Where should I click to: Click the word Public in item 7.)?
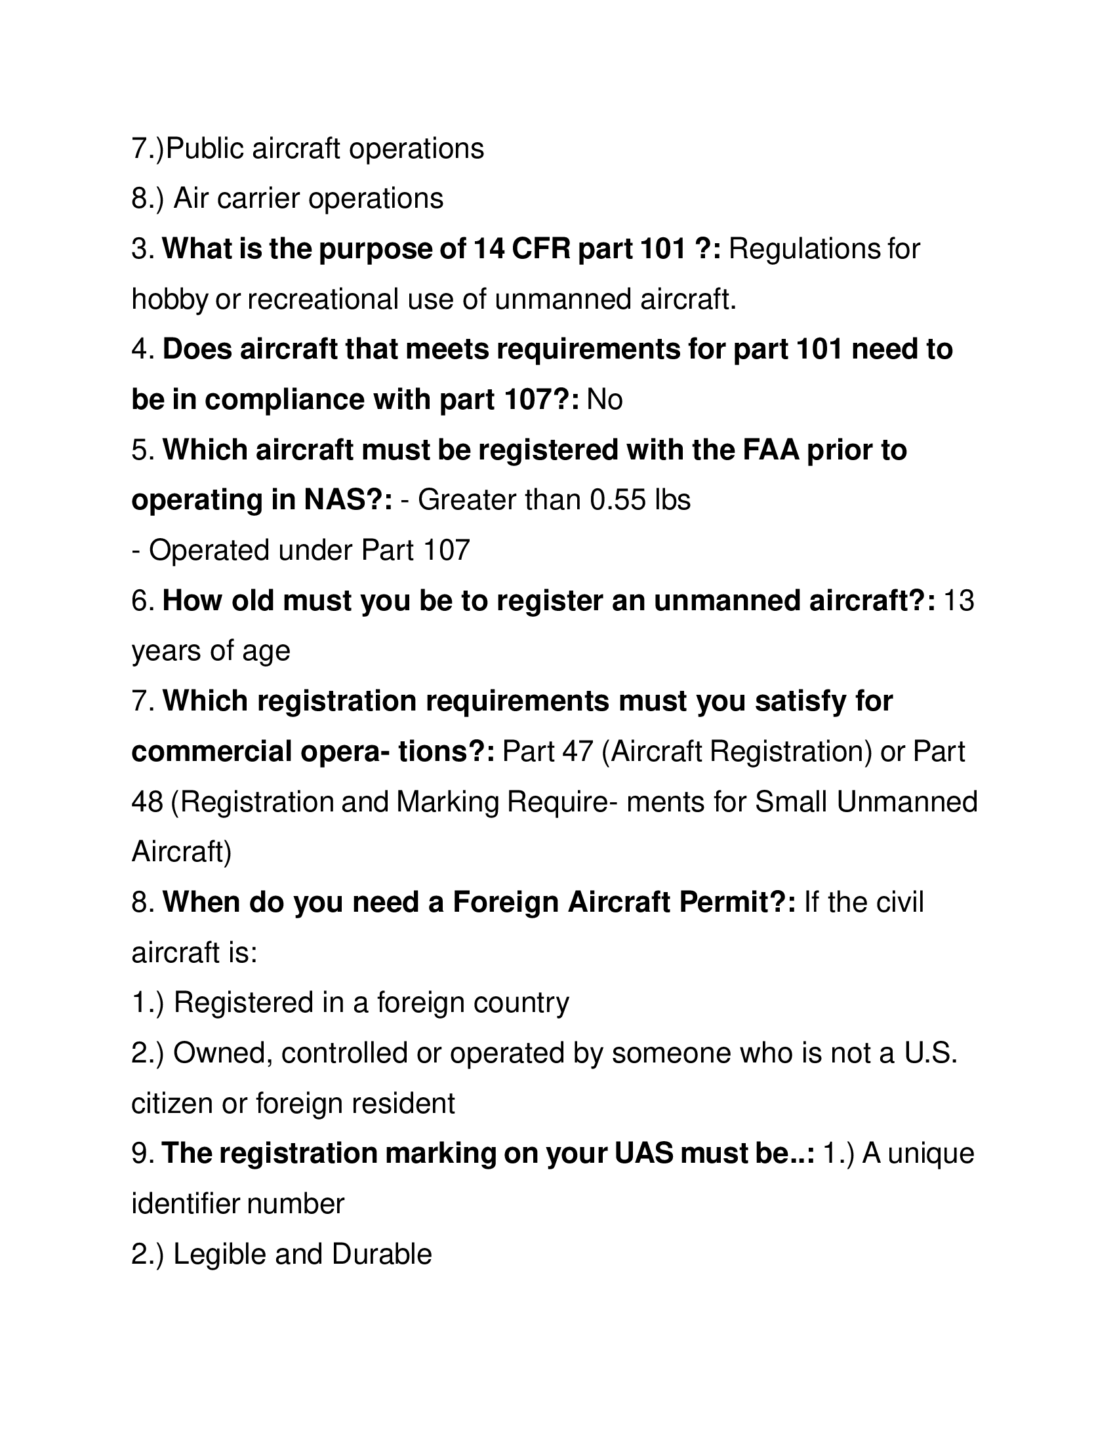coord(205,149)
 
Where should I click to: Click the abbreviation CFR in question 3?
coord(538,249)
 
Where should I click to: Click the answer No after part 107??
coord(605,400)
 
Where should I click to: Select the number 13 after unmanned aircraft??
coord(959,601)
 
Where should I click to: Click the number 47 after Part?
coord(578,752)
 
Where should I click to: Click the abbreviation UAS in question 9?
coord(643,1154)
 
